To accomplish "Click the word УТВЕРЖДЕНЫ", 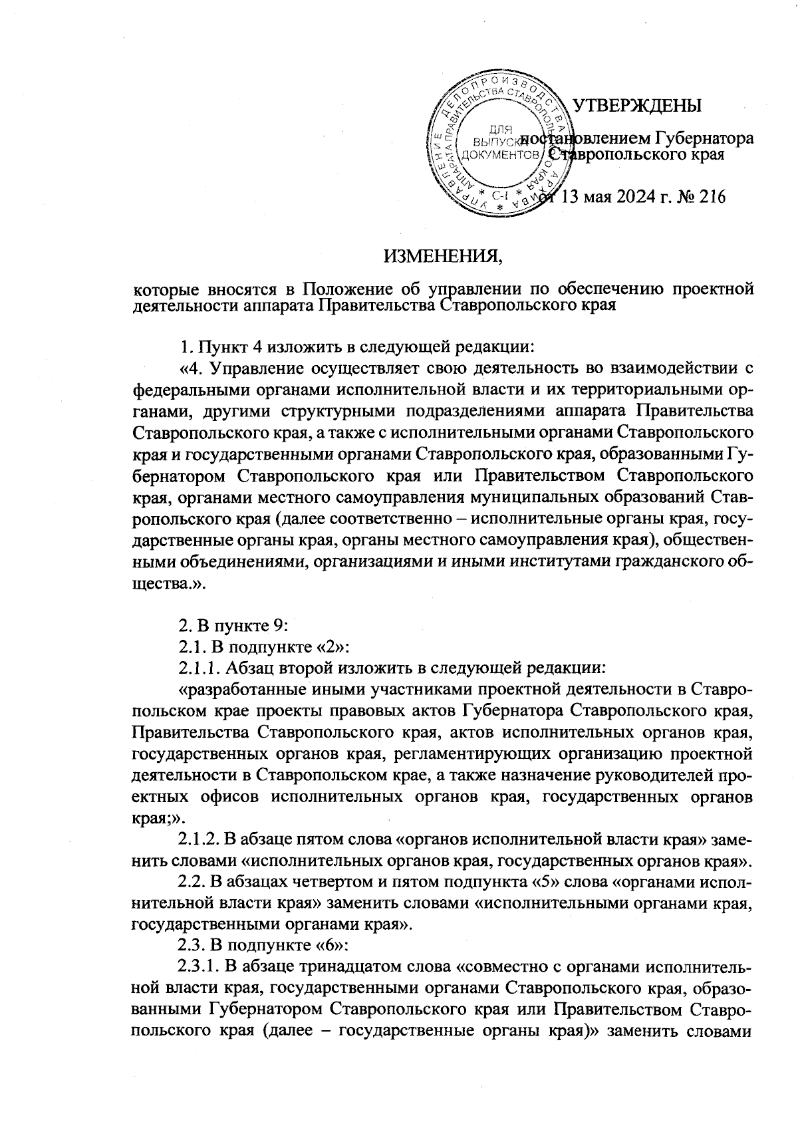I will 636,106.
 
